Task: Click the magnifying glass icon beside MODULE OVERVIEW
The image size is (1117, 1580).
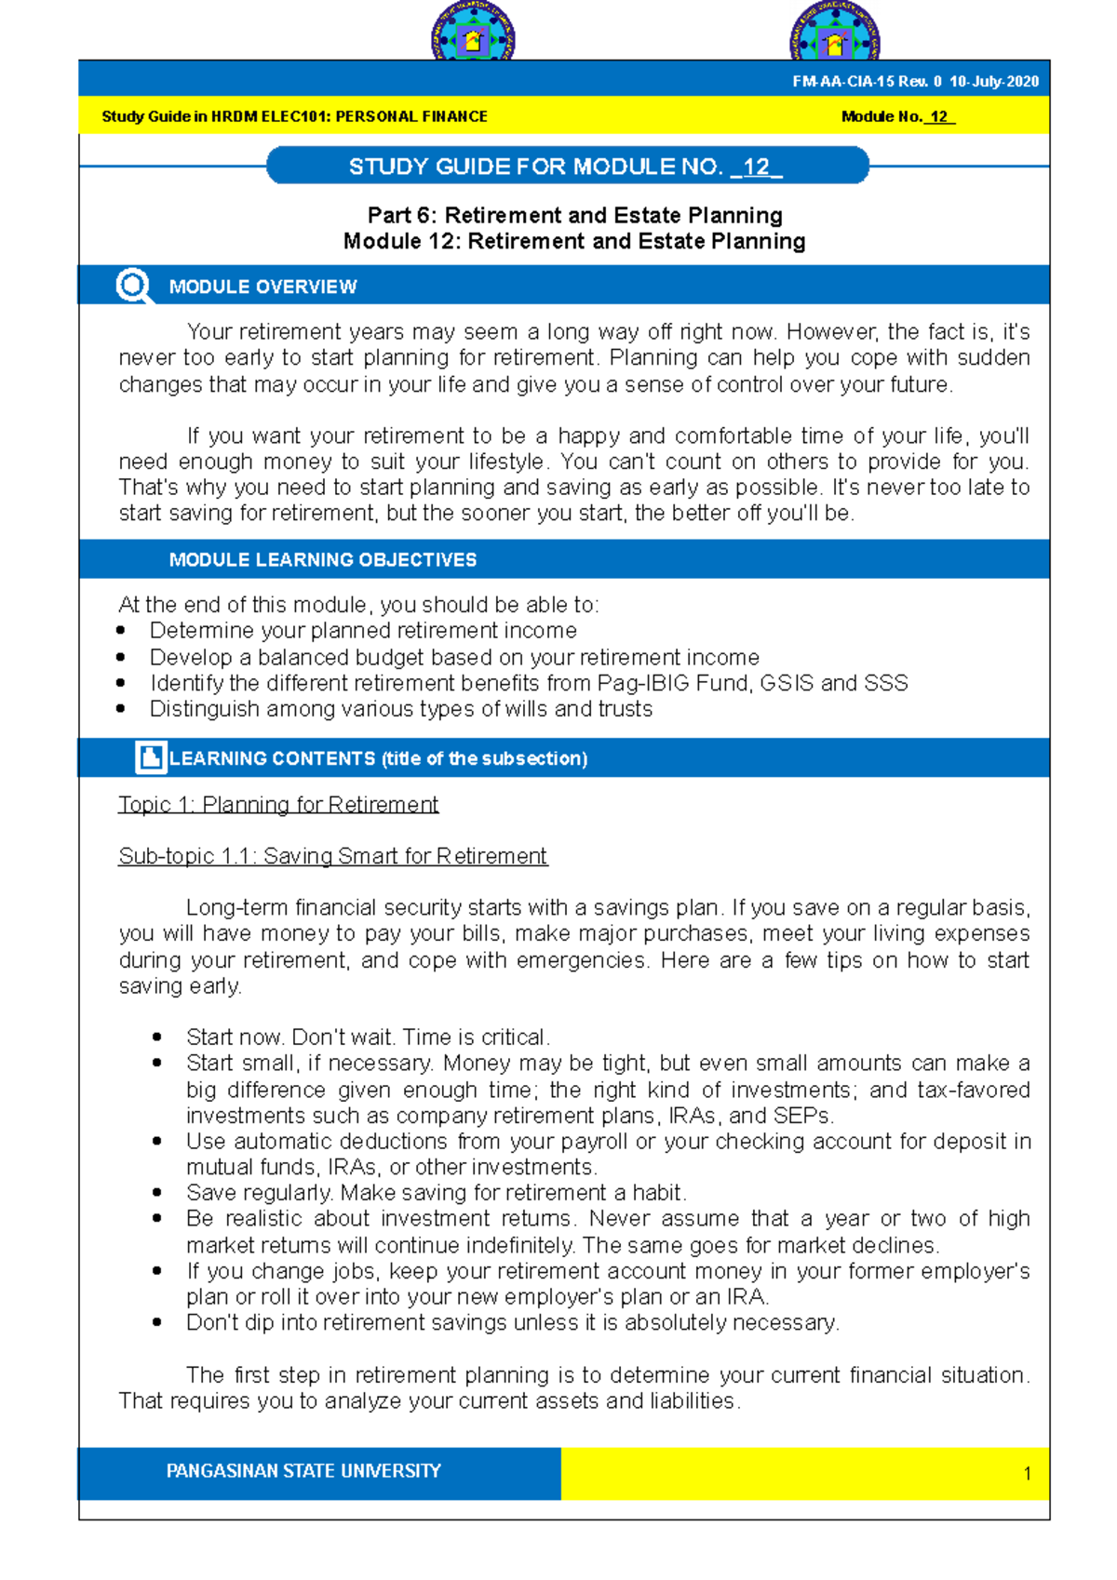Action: pyautogui.click(x=133, y=286)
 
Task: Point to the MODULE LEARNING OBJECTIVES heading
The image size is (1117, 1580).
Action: pyautogui.click(x=322, y=560)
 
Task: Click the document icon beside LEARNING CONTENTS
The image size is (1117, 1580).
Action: pyautogui.click(x=150, y=757)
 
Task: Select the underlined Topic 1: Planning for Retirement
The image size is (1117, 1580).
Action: pyautogui.click(x=277, y=804)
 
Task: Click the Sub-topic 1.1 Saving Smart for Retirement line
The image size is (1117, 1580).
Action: pyautogui.click(x=332, y=856)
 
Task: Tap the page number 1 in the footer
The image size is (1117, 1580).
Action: pyautogui.click(x=1027, y=1474)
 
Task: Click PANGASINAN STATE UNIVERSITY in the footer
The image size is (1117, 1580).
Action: pyautogui.click(x=303, y=1471)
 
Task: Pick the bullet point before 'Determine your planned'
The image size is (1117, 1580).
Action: pyautogui.click(x=121, y=631)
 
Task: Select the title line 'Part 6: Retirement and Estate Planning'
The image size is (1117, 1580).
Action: pyautogui.click(x=574, y=215)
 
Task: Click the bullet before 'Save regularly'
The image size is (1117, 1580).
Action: pyautogui.click(x=157, y=1193)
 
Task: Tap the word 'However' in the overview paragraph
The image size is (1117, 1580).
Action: pyautogui.click(x=831, y=332)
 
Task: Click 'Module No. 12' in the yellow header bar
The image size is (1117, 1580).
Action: pyautogui.click(x=896, y=117)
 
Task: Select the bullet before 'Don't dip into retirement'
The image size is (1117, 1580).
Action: pyautogui.click(x=157, y=1322)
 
